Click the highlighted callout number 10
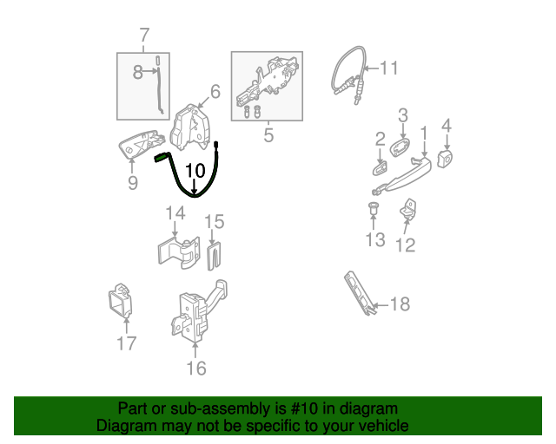[195, 171]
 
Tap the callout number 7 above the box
[144, 36]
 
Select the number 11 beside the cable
[389, 68]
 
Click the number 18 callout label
[400, 304]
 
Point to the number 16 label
[196, 369]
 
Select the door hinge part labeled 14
[179, 252]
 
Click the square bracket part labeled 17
[121, 300]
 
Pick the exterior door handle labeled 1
[402, 176]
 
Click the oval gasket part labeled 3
[400, 147]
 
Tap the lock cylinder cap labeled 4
[445, 158]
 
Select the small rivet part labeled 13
[374, 208]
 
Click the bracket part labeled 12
[408, 209]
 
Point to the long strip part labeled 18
[359, 293]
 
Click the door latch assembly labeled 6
[190, 127]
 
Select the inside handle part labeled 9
[141, 145]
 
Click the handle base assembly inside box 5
[268, 81]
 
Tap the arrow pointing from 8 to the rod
[150, 71]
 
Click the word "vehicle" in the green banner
[383, 426]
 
